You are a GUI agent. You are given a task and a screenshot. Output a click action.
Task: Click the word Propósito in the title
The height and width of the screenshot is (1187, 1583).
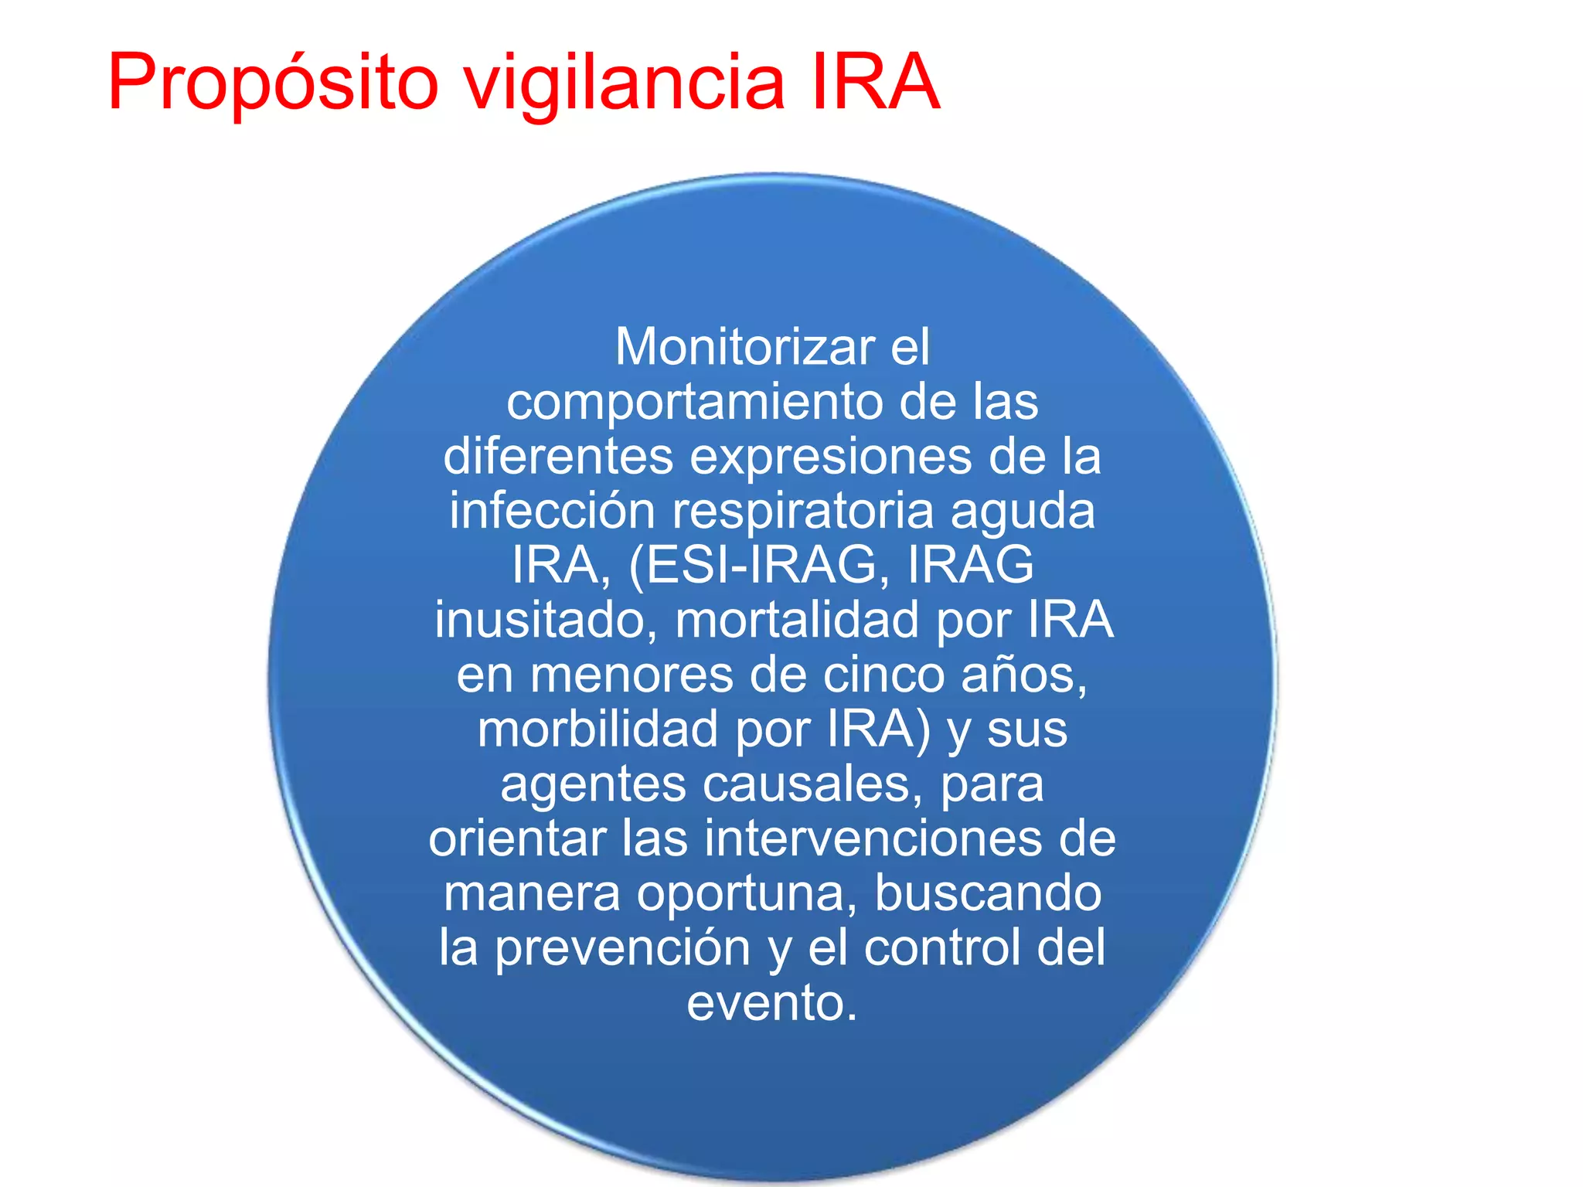(273, 83)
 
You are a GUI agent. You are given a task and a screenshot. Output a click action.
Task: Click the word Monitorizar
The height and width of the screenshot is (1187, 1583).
(745, 347)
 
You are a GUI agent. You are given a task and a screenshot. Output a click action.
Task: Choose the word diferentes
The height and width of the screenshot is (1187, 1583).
(558, 456)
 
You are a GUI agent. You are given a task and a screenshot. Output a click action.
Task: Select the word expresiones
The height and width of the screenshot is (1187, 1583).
(830, 457)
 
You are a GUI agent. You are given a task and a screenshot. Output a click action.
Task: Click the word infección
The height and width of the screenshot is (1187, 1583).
(552, 511)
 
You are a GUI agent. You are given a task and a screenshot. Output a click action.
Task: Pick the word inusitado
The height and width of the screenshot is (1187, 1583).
(546, 621)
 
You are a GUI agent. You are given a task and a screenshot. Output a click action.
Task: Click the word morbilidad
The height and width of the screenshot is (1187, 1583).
(597, 730)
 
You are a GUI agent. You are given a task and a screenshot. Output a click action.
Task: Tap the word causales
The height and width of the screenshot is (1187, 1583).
(812, 785)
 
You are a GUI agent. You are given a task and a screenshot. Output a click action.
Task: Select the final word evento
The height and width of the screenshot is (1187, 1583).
(771, 1003)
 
